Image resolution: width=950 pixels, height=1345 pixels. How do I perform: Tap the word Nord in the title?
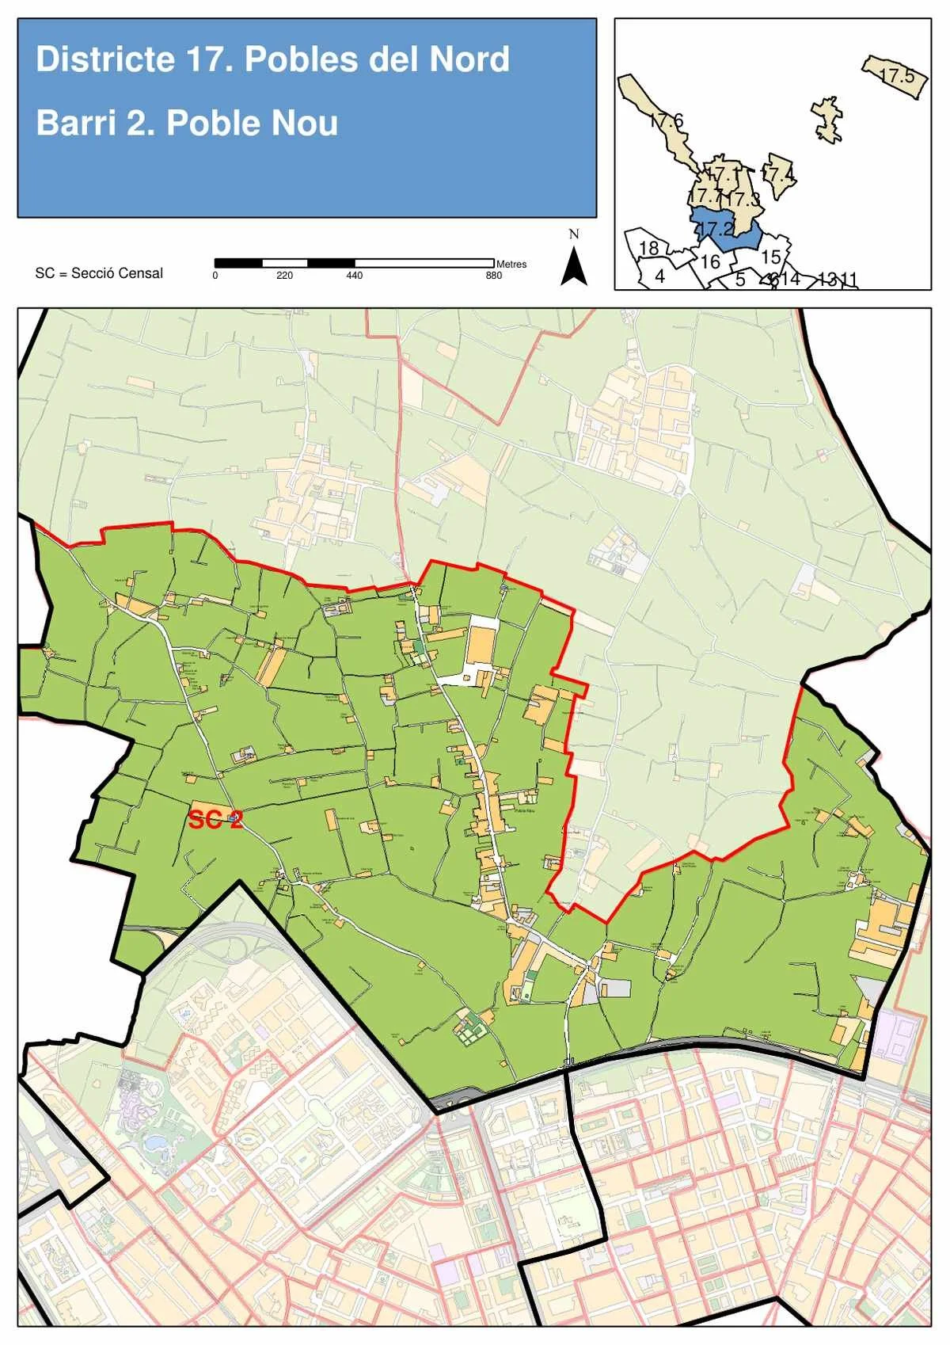click(469, 60)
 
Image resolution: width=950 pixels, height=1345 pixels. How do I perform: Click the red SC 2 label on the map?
click(215, 820)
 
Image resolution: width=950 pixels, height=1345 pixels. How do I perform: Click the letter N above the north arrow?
click(574, 234)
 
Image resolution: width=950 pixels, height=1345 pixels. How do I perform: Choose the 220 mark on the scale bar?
click(284, 276)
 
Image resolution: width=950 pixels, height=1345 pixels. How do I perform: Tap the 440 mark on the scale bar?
click(354, 276)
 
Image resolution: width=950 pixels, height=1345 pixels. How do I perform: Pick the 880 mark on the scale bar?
click(493, 276)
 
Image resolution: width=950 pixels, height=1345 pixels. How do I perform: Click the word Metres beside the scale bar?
click(511, 264)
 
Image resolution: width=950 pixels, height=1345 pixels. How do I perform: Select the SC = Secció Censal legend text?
click(99, 273)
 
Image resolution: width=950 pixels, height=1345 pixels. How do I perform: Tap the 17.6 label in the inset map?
click(667, 121)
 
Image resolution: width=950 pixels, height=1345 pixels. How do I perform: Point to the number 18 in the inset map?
click(648, 248)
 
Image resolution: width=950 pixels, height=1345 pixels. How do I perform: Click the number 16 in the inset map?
click(710, 261)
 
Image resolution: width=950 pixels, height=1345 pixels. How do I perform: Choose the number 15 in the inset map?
click(770, 257)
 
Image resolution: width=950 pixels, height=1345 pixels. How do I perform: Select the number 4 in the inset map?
click(659, 276)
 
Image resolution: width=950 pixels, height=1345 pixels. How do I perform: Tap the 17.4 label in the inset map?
click(777, 173)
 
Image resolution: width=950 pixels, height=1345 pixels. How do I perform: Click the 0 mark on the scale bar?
click(215, 276)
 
